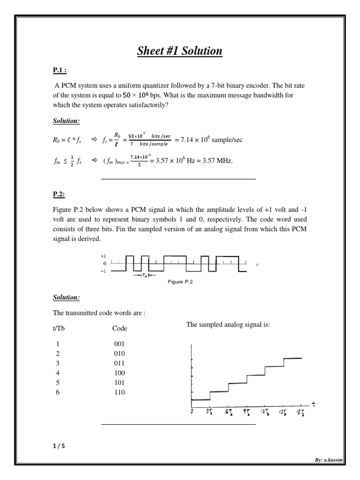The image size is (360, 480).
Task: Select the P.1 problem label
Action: pos(60,71)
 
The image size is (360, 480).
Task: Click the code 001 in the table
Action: pos(120,344)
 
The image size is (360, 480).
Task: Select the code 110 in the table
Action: pos(120,392)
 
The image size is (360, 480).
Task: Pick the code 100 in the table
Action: pos(120,373)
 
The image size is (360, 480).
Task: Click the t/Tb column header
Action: pos(59,328)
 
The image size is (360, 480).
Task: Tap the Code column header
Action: pos(120,329)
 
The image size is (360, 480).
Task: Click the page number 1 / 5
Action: pos(59,446)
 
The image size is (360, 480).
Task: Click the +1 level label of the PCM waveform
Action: pos(104,256)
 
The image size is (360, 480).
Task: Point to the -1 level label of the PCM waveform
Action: pos(104,270)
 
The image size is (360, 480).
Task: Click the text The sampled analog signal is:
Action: pos(228,324)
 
